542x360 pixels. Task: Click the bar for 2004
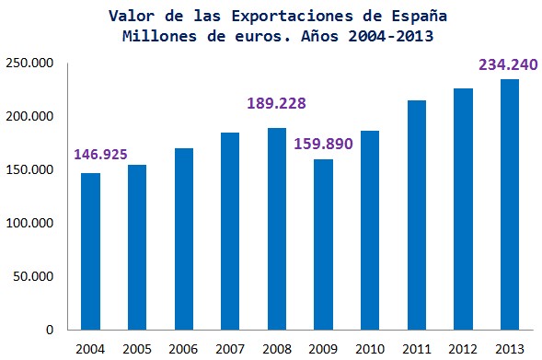(x=90, y=251)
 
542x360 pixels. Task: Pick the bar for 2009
(x=323, y=245)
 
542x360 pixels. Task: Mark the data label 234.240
(x=505, y=64)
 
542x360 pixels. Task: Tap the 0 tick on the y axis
(x=52, y=330)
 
